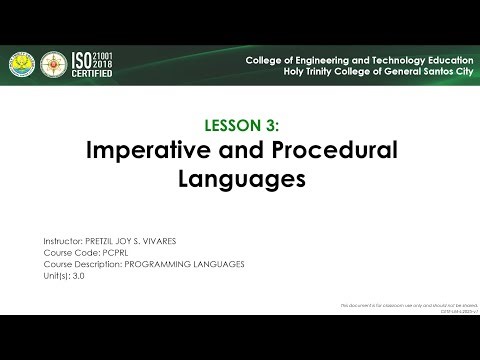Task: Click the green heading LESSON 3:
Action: coord(240,125)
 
